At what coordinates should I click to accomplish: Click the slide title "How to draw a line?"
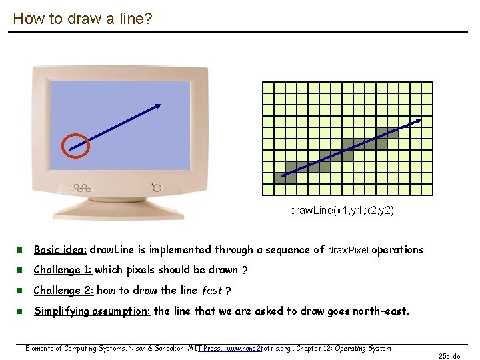pos(82,19)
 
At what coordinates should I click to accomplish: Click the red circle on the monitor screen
pos(75,145)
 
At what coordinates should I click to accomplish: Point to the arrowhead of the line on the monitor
pos(158,105)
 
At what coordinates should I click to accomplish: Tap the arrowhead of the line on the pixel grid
pos(418,121)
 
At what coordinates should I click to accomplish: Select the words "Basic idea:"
pos(60,250)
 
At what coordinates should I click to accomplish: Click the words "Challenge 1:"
pos(63,270)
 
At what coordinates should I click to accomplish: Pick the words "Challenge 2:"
pos(63,291)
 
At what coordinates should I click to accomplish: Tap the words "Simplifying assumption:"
pos(92,311)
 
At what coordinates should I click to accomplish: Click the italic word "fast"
pos(211,291)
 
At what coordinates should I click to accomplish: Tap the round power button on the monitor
pos(157,188)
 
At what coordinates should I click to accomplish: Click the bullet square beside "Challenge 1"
pos(20,271)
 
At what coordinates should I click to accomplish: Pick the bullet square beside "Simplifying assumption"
pos(20,311)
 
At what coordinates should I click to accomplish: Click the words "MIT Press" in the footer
pos(207,348)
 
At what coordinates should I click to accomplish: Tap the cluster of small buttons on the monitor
pos(82,188)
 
